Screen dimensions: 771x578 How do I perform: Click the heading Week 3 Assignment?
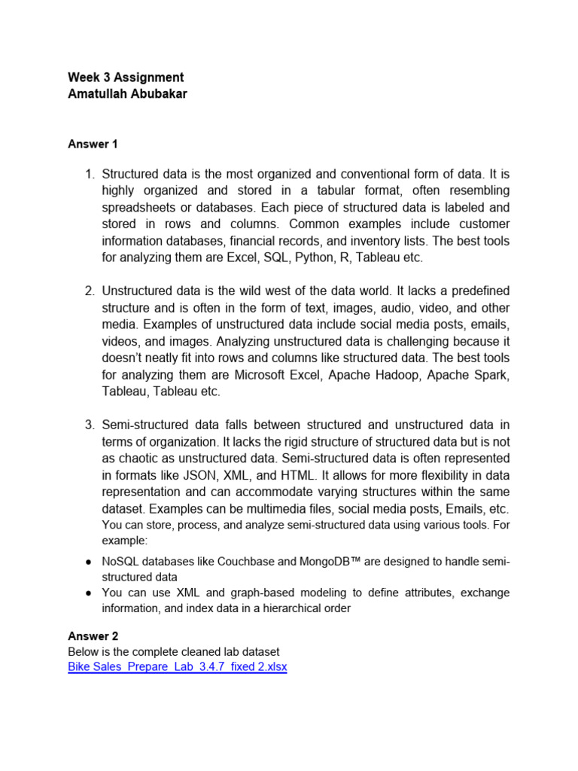(126, 78)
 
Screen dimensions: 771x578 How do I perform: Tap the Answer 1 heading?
(93, 144)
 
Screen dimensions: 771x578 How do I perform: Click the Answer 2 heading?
(93, 636)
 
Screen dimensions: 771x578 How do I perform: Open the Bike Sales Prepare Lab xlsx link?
(178, 667)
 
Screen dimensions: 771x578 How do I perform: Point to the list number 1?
(89, 175)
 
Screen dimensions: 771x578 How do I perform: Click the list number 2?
(89, 291)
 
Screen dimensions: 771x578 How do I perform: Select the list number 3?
(89, 425)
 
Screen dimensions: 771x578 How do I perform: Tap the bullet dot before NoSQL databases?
(88, 562)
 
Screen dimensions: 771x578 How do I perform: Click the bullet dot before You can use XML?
(88, 593)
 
